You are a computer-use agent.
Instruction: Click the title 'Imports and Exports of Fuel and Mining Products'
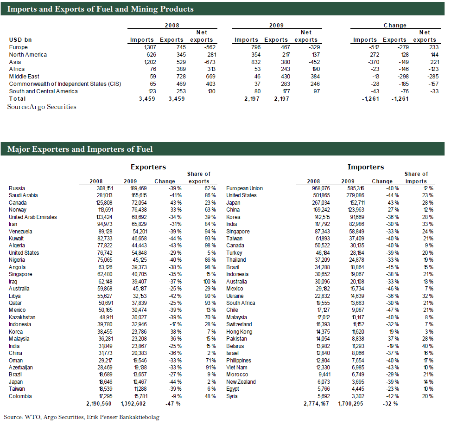click(x=101, y=9)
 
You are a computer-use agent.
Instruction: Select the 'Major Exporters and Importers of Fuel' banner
click(x=80, y=149)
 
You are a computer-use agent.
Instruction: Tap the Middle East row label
click(x=24, y=77)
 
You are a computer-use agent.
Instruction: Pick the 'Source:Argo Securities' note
click(x=42, y=107)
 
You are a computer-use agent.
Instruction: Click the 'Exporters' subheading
click(x=148, y=167)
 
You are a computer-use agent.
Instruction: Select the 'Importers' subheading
click(x=365, y=167)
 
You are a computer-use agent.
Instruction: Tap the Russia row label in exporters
click(x=17, y=188)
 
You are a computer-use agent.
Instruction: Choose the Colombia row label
click(x=20, y=396)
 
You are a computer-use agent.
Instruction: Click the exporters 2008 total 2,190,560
click(x=99, y=404)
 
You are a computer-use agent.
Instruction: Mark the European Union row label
click(x=244, y=188)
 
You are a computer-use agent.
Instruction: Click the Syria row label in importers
click(x=233, y=396)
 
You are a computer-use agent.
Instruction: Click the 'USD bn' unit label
click(x=20, y=40)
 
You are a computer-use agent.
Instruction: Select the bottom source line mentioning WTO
click(x=81, y=417)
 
